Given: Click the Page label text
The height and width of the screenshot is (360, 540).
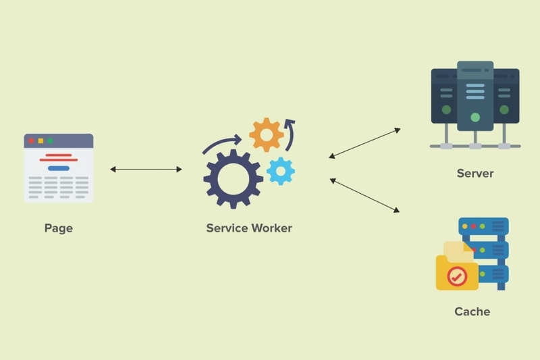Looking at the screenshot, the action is (59, 228).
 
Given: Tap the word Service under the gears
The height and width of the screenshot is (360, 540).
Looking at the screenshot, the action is (227, 228).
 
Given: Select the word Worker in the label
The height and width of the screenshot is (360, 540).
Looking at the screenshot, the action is (272, 228).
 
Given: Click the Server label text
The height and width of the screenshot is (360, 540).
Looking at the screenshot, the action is (475, 174).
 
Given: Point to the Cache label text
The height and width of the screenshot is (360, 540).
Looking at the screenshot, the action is (472, 311).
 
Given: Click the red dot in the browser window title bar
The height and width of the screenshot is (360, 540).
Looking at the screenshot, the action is (31, 141).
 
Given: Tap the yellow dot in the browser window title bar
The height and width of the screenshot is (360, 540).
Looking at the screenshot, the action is (40, 141).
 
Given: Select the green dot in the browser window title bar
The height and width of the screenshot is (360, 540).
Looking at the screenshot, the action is (50, 141).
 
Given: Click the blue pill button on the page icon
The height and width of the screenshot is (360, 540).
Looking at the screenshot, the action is (59, 168).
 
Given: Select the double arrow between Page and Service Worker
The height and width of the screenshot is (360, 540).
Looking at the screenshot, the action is (146, 169).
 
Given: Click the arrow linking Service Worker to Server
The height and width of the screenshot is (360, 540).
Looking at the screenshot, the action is (364, 143).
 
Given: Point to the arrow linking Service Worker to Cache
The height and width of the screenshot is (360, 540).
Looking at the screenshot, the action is (364, 195).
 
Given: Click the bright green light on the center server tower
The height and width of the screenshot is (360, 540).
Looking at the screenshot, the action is (475, 118).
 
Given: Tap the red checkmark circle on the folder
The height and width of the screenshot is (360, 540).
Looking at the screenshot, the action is (457, 276).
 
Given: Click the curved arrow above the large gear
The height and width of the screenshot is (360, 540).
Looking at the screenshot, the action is (221, 141).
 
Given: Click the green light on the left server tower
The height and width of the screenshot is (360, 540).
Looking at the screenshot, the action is (446, 110).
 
